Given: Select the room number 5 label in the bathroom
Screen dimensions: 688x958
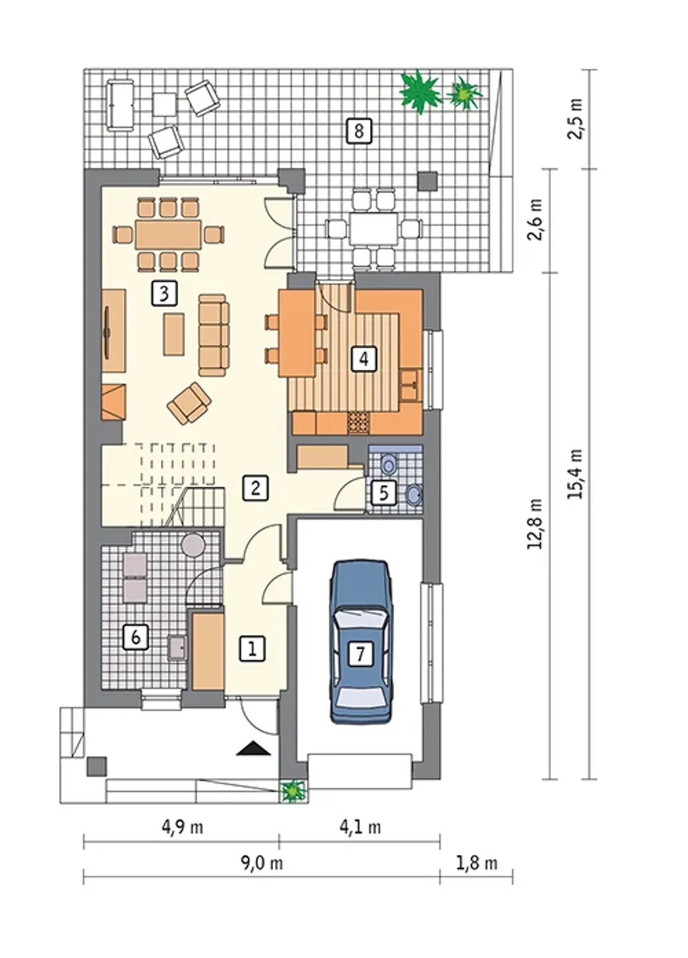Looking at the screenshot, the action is tap(384, 492).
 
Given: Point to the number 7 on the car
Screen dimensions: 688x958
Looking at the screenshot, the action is tap(360, 654).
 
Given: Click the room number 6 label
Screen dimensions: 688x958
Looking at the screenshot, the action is tap(135, 637).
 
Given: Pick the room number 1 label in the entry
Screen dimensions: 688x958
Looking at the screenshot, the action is tap(252, 649).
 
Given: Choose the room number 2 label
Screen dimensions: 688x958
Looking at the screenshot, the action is tap(255, 488).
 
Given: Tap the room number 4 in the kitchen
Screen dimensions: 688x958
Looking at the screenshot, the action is tap(364, 359).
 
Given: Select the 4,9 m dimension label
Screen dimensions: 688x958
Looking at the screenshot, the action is tap(183, 828).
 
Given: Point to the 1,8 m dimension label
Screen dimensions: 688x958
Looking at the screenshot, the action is tap(477, 863).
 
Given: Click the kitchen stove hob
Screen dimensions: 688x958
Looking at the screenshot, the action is tap(359, 423).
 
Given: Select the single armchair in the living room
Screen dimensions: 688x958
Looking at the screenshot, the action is tap(189, 403).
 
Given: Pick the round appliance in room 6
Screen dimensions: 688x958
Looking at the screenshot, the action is tap(193, 545).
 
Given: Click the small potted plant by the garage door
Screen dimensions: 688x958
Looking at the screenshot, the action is tap(293, 790).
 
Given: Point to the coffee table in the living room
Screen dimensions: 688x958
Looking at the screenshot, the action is tap(174, 335).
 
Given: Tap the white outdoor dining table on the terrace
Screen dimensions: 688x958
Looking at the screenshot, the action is tap(374, 229).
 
